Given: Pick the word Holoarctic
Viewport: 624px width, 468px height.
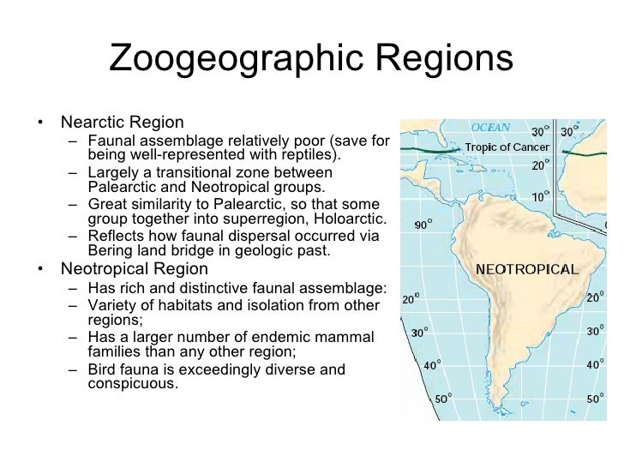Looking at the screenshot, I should point(354,219).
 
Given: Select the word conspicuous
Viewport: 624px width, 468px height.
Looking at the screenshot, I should point(132,384).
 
